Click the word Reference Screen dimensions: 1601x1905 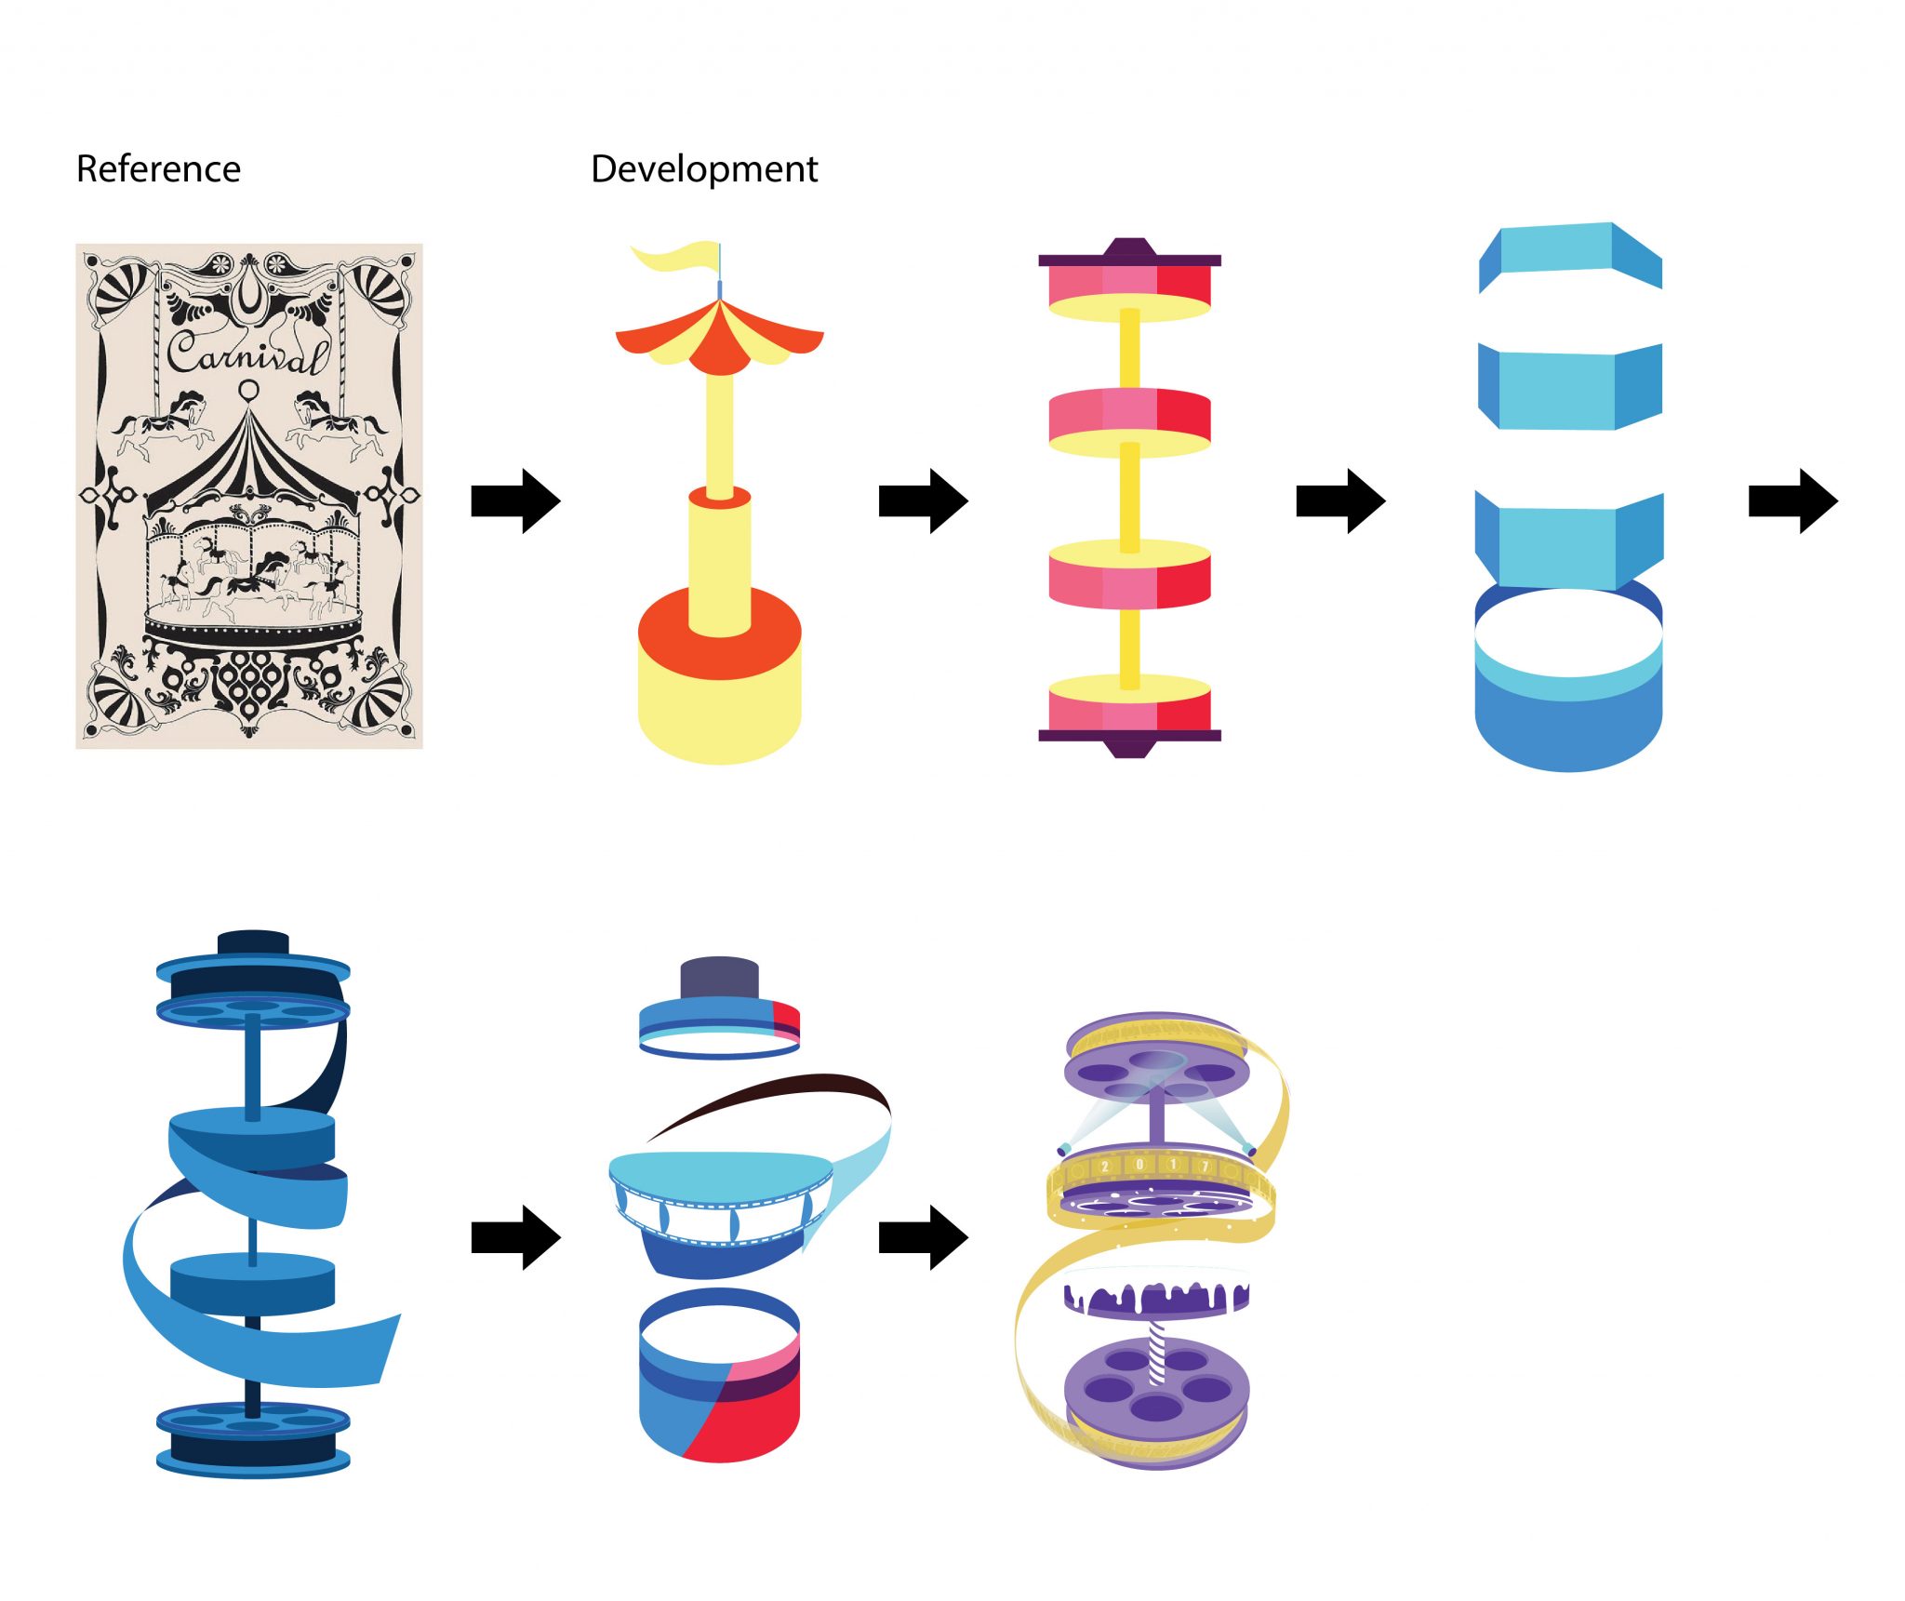[x=158, y=169]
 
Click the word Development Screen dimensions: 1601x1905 [x=704, y=169]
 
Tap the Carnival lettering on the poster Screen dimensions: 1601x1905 [x=246, y=354]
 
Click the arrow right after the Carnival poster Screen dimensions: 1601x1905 [x=515, y=501]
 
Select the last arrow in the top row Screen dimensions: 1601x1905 [x=1792, y=501]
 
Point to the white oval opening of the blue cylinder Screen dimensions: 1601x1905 [x=1568, y=633]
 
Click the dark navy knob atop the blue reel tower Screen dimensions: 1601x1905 [x=253, y=941]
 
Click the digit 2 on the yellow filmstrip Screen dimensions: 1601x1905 [x=1105, y=1167]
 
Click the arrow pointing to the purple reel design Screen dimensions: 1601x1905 [x=923, y=1237]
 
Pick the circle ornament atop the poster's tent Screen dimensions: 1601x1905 [x=248, y=389]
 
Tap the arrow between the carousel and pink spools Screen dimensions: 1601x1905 [x=923, y=501]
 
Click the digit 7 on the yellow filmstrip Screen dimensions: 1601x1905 [x=1205, y=1167]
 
